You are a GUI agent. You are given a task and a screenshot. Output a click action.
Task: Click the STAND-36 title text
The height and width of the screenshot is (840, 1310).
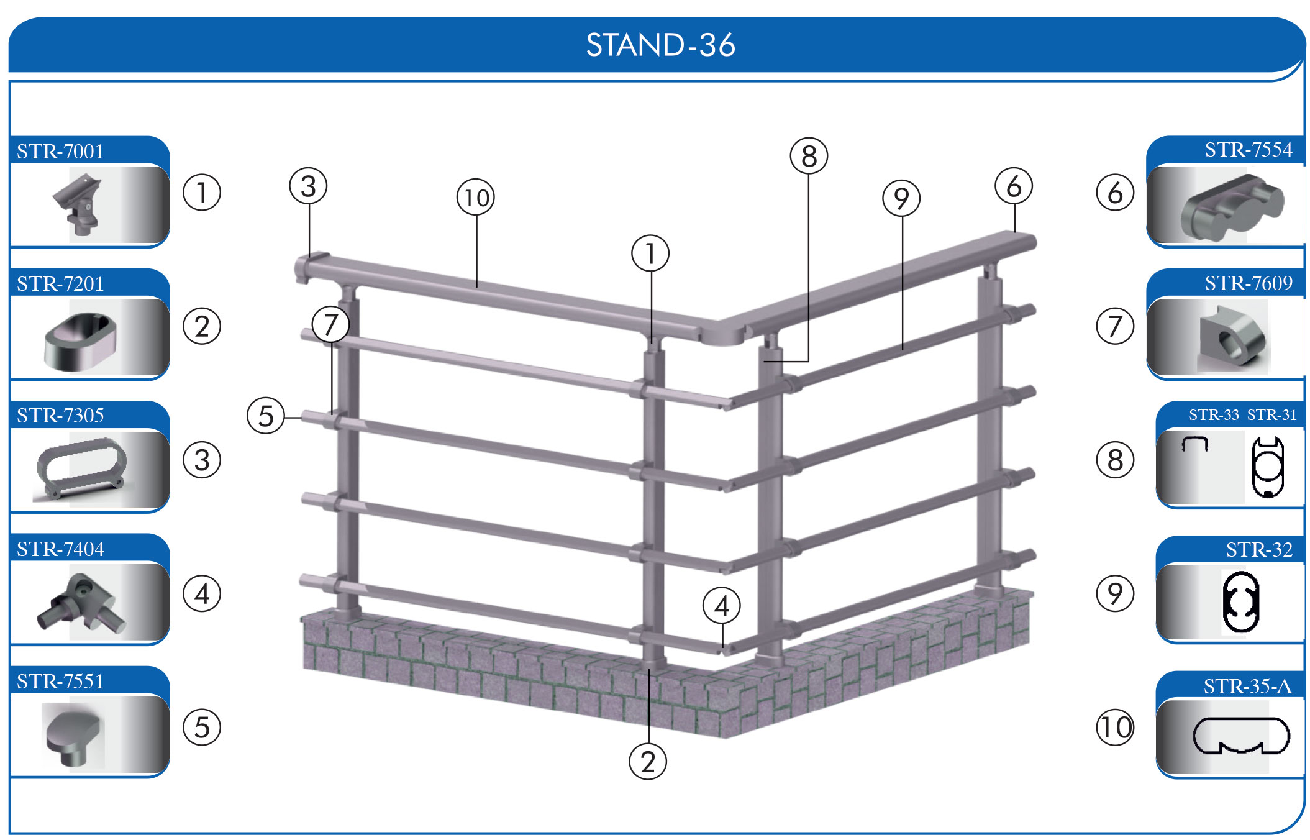pos(660,45)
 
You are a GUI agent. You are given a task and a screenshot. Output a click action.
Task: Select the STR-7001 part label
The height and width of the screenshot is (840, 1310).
pos(60,151)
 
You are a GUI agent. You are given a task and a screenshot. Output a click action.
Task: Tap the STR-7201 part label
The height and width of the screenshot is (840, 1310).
pos(60,283)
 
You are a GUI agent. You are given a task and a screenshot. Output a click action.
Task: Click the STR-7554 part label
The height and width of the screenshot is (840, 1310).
pos(1248,150)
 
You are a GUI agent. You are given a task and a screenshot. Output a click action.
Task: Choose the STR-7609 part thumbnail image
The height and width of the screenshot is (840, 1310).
pos(1232,336)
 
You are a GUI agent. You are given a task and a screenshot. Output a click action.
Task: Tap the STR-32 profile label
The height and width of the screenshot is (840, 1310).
pos(1258,550)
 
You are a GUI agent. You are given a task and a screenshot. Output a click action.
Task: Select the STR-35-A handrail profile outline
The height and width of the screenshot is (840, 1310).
pos(1241,736)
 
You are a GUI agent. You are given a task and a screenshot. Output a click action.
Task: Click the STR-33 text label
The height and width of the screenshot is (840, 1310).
pos(1213,415)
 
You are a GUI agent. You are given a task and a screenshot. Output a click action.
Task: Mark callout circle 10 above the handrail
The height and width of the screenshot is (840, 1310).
pos(476,198)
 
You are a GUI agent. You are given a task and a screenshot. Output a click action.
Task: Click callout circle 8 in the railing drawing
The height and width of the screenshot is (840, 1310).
pos(809,156)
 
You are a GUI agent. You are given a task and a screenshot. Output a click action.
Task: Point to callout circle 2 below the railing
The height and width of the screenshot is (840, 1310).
pos(648,762)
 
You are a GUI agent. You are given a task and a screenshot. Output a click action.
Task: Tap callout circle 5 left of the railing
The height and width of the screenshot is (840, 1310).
pos(266,416)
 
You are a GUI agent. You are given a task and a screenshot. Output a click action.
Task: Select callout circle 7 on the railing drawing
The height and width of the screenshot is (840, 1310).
pos(330,324)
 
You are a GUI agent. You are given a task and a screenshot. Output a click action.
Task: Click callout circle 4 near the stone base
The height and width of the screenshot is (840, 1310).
pos(721,606)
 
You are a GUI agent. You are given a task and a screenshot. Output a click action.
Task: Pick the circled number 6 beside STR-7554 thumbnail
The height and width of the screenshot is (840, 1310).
pos(1115,193)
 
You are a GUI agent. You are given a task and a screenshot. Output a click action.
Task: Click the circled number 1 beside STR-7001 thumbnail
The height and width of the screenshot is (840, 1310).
pos(202,193)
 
